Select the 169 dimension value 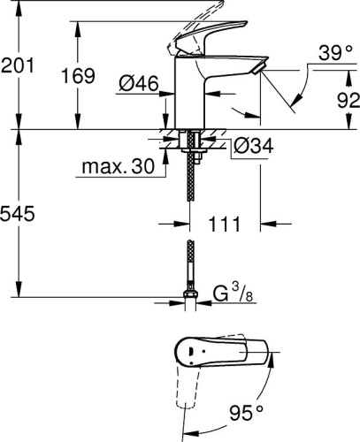(79, 76)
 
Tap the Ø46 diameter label (137, 84)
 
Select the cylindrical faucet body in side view (190, 93)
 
